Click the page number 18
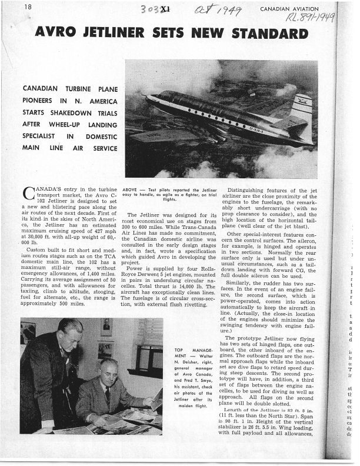[28, 6]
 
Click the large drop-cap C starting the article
[27, 193]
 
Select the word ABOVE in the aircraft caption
[131, 190]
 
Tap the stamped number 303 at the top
[149, 10]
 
